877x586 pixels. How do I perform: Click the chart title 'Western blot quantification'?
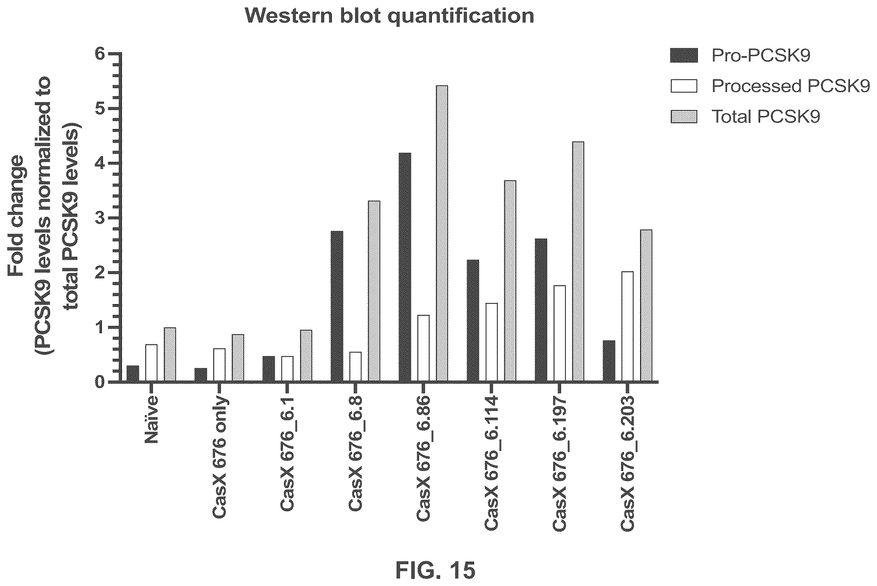point(389,16)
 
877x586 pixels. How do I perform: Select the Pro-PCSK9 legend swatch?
point(684,56)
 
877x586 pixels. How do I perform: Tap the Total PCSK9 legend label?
point(765,116)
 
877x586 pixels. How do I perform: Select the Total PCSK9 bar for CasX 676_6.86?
point(442,234)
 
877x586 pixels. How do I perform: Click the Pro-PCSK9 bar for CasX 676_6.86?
point(405,267)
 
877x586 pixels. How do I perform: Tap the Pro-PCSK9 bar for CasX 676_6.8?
point(337,307)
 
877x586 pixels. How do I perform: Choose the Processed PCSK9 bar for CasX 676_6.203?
point(628,327)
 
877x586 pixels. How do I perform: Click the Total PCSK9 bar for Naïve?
point(170,355)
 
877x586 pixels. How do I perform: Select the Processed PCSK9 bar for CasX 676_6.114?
point(492,342)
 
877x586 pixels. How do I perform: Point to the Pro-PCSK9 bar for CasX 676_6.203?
point(609,361)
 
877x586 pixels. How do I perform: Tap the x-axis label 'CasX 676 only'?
point(220,456)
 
